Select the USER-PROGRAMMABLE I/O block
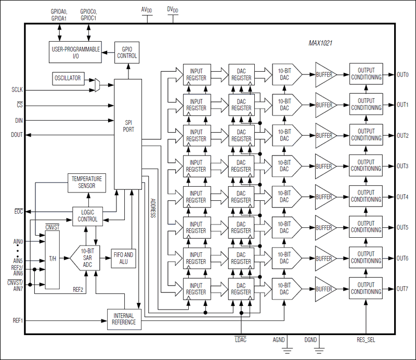click(x=75, y=52)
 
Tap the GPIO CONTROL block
click(x=126, y=52)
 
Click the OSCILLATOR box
click(x=68, y=78)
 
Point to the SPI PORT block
click(x=127, y=125)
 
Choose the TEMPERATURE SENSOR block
click(x=88, y=182)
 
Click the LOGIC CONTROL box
click(x=87, y=216)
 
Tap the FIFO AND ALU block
click(x=123, y=258)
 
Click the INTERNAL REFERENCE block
click(x=124, y=318)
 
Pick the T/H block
click(x=53, y=259)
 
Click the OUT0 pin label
click(x=402, y=74)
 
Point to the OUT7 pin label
click(x=402, y=289)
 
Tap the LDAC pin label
click(x=241, y=339)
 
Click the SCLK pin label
click(x=17, y=89)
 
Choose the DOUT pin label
click(x=17, y=135)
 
